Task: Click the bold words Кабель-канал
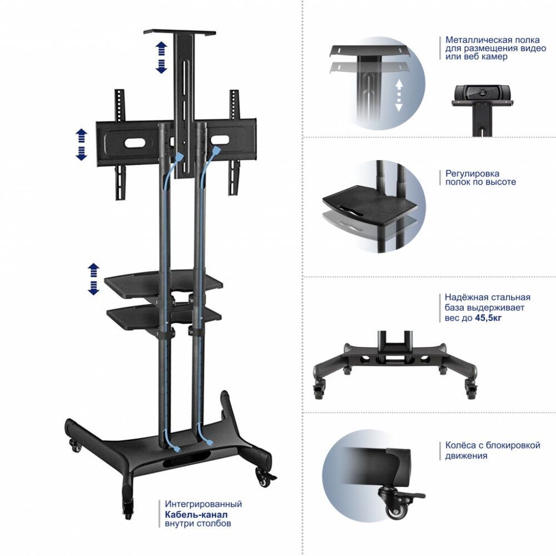(196, 514)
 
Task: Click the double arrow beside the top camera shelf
(161, 57)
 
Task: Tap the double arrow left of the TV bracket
(81, 145)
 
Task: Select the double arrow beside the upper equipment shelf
(93, 279)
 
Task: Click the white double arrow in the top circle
(399, 95)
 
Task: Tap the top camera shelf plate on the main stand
(180, 33)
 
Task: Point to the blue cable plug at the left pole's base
(177, 450)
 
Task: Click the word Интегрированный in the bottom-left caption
(203, 504)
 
